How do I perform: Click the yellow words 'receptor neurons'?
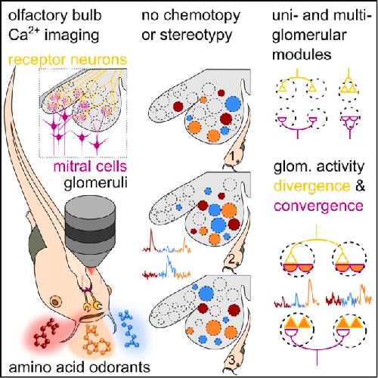coord(68,60)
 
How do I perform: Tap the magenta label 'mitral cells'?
coord(90,166)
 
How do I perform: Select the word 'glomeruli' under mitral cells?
coord(95,184)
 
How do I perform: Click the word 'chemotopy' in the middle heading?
coord(202,16)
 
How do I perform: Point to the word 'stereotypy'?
coord(196,36)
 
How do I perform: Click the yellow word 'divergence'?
coord(312,187)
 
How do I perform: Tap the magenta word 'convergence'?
coord(318,206)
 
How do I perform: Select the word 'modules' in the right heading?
coord(302,54)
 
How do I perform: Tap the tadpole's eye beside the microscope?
coord(56,301)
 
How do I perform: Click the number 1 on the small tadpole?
coord(232,156)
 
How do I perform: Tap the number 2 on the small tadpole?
coord(232,259)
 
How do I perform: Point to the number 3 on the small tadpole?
coord(232,361)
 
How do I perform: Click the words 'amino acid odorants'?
coord(79,367)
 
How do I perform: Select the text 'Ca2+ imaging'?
coord(54,35)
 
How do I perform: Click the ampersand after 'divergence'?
coord(360,186)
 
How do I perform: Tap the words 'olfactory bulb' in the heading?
coord(55,16)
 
